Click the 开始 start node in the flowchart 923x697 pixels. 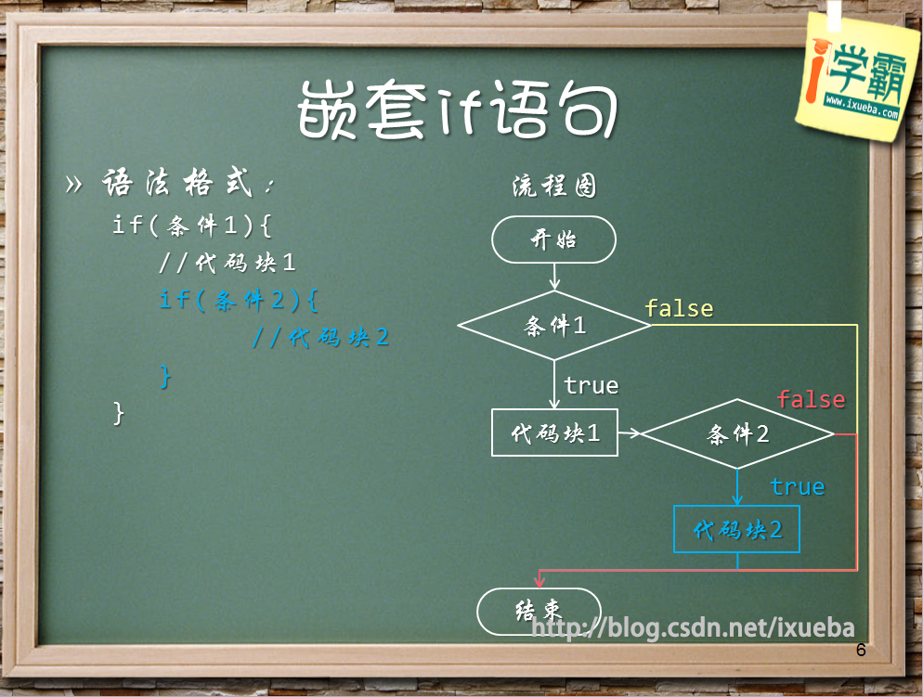[553, 239]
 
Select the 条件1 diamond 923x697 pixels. [554, 325]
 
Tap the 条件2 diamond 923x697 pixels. [737, 434]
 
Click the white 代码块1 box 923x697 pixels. [554, 432]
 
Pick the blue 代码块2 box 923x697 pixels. [736, 529]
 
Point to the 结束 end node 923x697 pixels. [539, 612]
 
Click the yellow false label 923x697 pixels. [679, 308]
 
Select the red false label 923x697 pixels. [812, 399]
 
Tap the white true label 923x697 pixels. [591, 386]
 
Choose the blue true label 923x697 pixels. [798, 486]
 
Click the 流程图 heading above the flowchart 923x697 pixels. [554, 186]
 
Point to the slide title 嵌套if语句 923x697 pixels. [458, 110]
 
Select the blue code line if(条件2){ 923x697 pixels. [239, 300]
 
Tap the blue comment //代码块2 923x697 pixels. [320, 337]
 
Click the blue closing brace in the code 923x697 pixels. [165, 375]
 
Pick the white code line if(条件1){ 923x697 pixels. [192, 225]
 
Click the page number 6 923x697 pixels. [861, 650]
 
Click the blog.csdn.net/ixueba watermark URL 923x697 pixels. [693, 627]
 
